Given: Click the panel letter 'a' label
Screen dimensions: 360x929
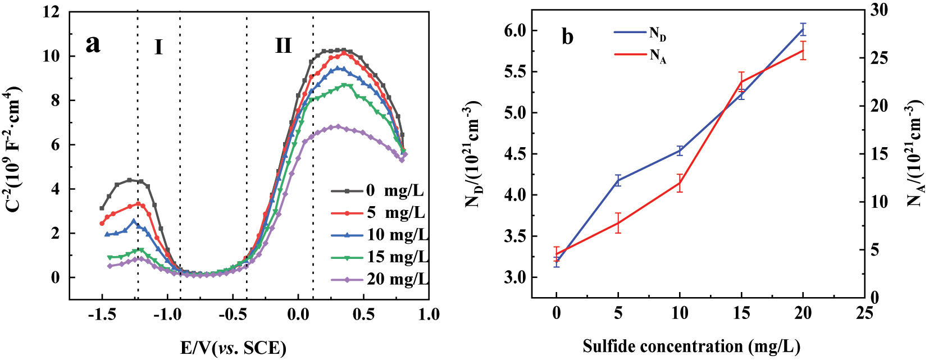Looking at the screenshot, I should click(x=93, y=44).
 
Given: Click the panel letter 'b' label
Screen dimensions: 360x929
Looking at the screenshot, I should click(x=567, y=37).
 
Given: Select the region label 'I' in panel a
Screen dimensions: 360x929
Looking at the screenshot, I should click(x=159, y=47).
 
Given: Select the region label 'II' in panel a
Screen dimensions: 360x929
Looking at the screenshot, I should click(x=283, y=45).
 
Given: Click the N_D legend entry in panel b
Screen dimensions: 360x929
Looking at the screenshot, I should click(x=640, y=33).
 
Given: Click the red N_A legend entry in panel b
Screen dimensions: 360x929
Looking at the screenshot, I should click(x=640, y=54).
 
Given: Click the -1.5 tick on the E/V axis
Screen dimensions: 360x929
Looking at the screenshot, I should click(x=102, y=314).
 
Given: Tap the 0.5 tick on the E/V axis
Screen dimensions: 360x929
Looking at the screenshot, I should click(x=363, y=314).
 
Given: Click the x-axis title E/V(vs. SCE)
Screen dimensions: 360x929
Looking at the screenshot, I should click(x=233, y=348).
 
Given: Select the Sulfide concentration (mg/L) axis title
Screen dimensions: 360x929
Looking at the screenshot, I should click(x=691, y=347).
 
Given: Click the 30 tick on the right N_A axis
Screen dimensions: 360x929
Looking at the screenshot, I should click(x=878, y=10).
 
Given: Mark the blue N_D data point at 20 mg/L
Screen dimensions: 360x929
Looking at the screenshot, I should click(x=803, y=29).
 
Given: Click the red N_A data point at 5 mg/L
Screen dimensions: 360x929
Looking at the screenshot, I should click(x=618, y=223).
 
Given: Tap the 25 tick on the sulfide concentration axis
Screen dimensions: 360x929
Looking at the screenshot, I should click(x=865, y=313).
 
